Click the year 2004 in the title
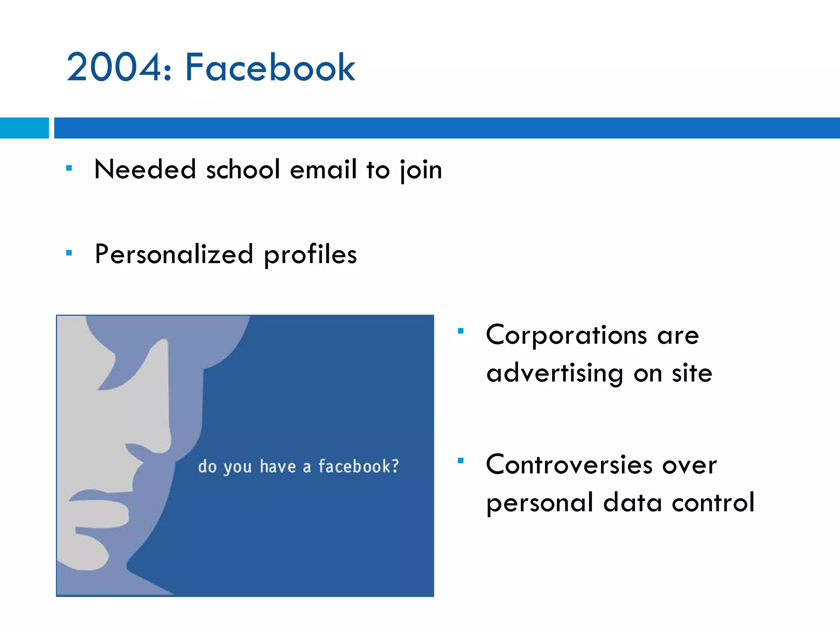[115, 68]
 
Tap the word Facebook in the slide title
[270, 68]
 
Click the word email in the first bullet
[323, 169]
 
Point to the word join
[421, 170]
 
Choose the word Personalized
[174, 254]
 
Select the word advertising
[555, 374]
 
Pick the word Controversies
[569, 465]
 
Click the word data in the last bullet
[632, 502]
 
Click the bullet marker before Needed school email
[69, 168]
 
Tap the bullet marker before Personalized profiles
[69, 253]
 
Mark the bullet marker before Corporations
[461, 331]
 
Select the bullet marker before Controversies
[461, 461]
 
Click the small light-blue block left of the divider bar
[24, 128]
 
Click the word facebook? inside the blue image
[358, 466]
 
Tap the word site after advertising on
[692, 374]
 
